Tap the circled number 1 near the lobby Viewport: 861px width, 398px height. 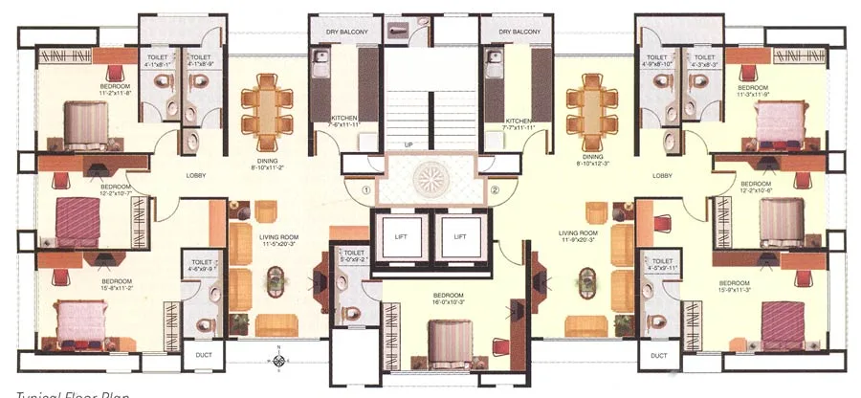364,189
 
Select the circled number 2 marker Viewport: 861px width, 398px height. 495,189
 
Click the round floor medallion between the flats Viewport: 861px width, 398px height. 429,179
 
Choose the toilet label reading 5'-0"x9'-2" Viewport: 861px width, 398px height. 355,256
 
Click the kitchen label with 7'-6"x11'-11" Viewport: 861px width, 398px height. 342,121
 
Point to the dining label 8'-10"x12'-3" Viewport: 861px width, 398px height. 594,163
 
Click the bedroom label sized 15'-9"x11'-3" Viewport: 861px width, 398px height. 733,286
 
